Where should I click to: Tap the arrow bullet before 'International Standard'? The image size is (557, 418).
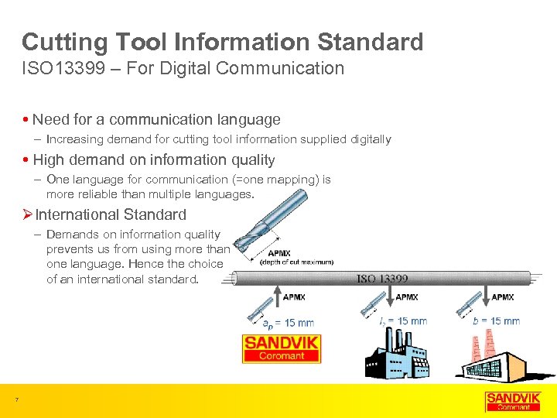click(27, 214)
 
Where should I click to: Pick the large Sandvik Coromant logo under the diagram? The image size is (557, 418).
click(281, 348)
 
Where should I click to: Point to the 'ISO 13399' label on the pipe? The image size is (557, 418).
click(382, 278)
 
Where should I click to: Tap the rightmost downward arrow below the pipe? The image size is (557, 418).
click(484, 297)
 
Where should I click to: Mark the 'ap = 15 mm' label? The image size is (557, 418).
click(288, 322)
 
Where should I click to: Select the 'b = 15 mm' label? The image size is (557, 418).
click(495, 320)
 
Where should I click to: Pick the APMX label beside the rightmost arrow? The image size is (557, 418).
click(503, 297)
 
